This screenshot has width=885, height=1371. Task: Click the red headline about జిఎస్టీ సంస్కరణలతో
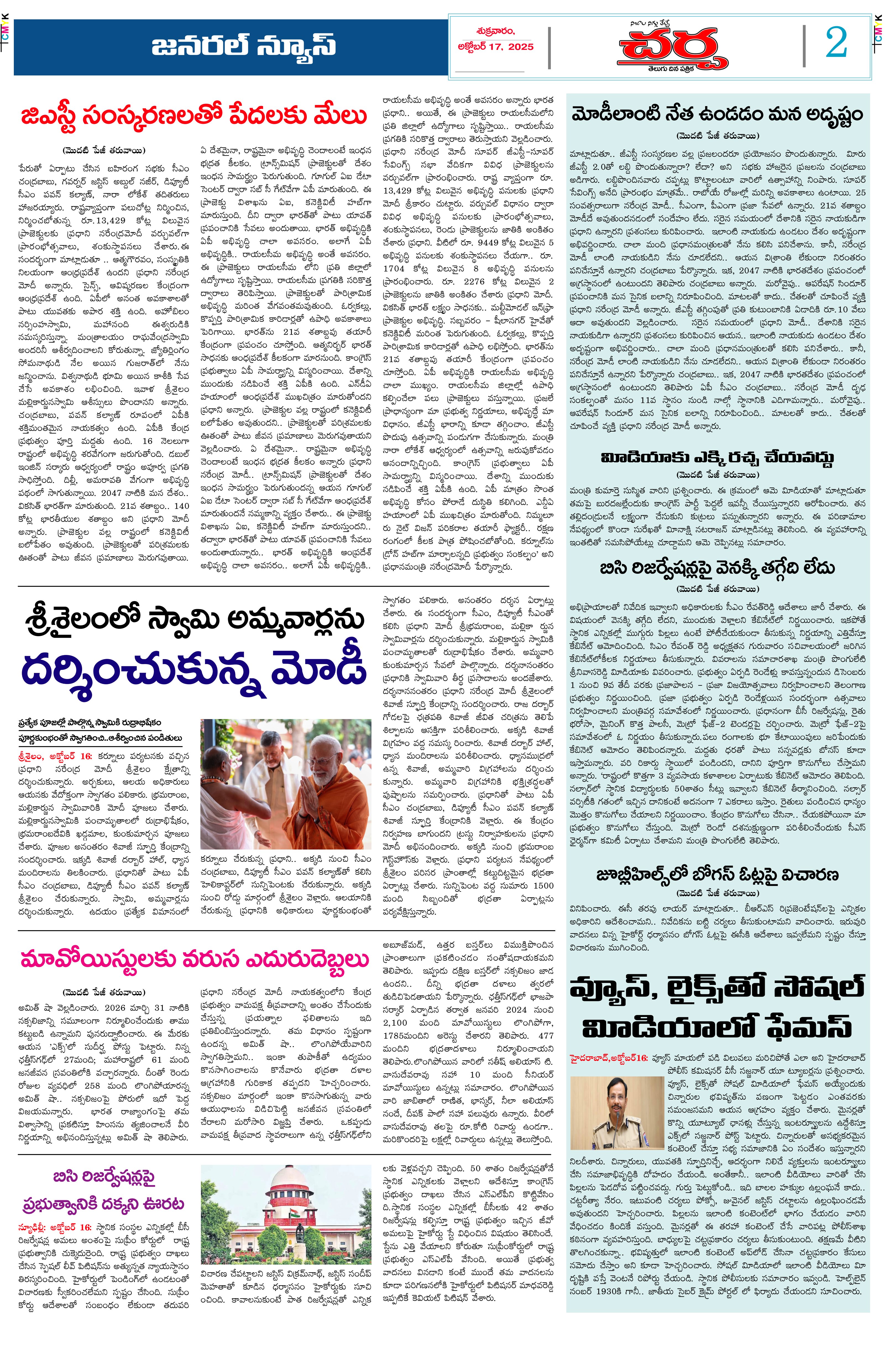coord(194,115)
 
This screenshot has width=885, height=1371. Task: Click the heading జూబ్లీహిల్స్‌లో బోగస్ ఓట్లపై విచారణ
coord(717,875)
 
